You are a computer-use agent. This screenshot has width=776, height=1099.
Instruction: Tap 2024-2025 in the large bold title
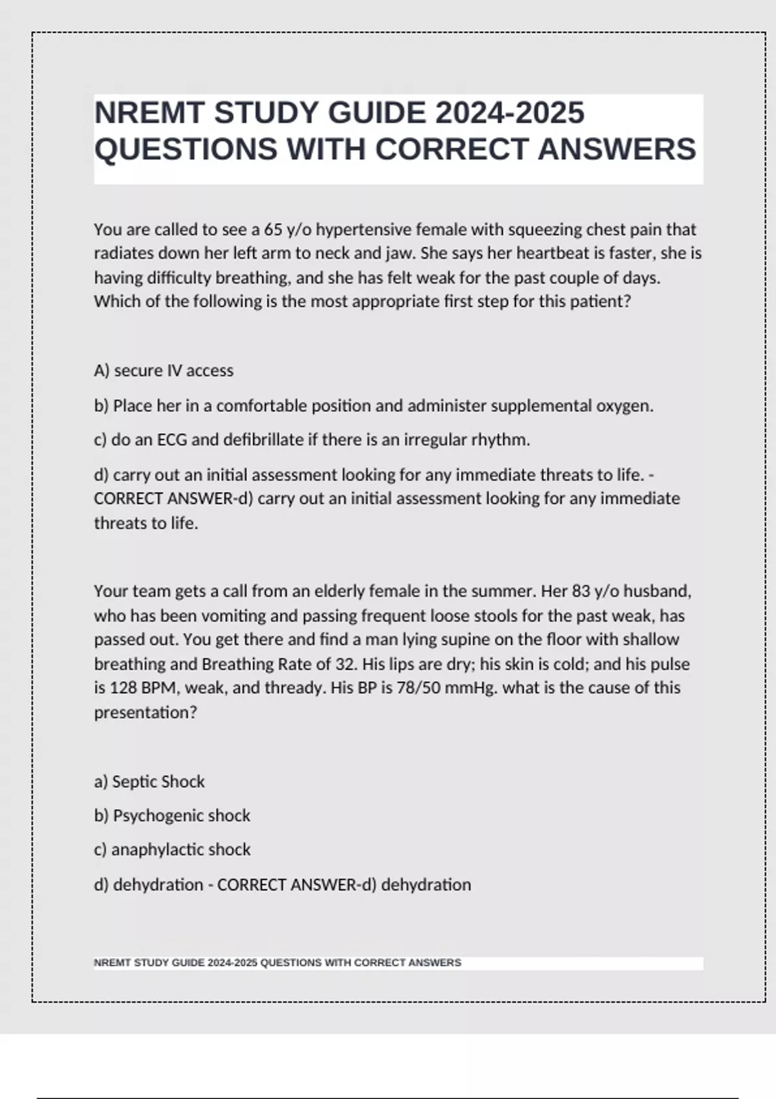click(510, 113)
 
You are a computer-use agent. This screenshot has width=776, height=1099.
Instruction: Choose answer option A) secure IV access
click(164, 370)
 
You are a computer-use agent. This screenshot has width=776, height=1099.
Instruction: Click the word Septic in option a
click(134, 782)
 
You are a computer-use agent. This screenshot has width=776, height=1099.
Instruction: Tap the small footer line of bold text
click(277, 963)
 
